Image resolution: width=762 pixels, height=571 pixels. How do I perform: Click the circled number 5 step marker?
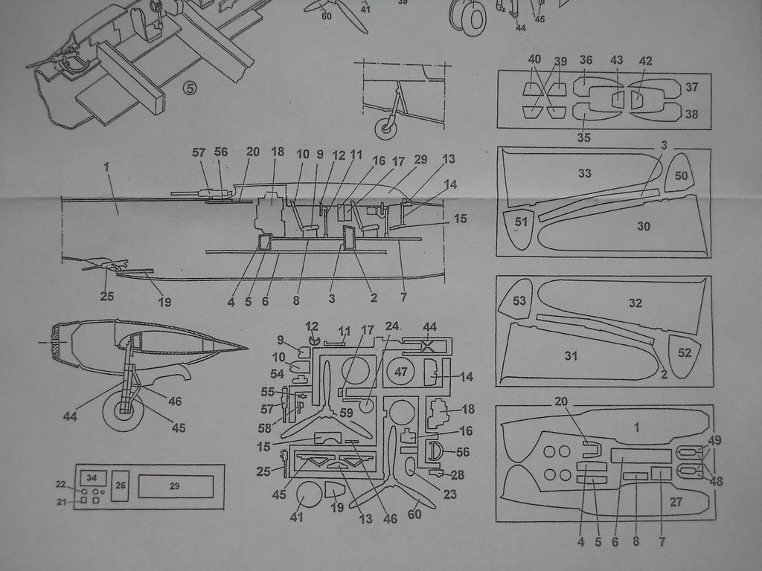pyautogui.click(x=190, y=88)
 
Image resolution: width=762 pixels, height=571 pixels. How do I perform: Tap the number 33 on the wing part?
pyautogui.click(x=584, y=173)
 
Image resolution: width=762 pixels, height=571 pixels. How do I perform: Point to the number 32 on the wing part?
pyautogui.click(x=635, y=303)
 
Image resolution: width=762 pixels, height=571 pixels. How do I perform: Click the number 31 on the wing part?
pyautogui.click(x=570, y=356)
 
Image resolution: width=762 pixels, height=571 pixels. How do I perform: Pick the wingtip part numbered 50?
pyautogui.click(x=682, y=176)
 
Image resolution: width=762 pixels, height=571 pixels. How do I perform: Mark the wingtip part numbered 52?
pyautogui.click(x=685, y=353)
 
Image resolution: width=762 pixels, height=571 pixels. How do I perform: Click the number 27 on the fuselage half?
pyautogui.click(x=676, y=502)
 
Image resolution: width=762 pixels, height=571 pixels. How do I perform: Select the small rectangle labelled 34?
pyautogui.click(x=92, y=477)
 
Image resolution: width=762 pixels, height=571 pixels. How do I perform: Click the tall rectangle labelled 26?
pyautogui.click(x=121, y=485)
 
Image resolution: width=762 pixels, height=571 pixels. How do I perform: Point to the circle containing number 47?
pyautogui.click(x=401, y=372)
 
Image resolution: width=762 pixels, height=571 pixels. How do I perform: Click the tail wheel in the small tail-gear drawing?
pyautogui.click(x=386, y=128)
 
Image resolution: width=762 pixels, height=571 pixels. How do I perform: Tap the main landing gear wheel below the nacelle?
pyautogui.click(x=123, y=411)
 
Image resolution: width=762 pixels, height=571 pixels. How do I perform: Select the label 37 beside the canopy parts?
pyautogui.click(x=692, y=87)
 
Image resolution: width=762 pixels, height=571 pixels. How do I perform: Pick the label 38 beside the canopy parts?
pyautogui.click(x=692, y=114)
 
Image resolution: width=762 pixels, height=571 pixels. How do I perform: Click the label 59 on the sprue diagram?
pyautogui.click(x=346, y=412)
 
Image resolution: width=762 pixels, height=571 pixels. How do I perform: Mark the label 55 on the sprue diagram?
pyautogui.click(x=267, y=392)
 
